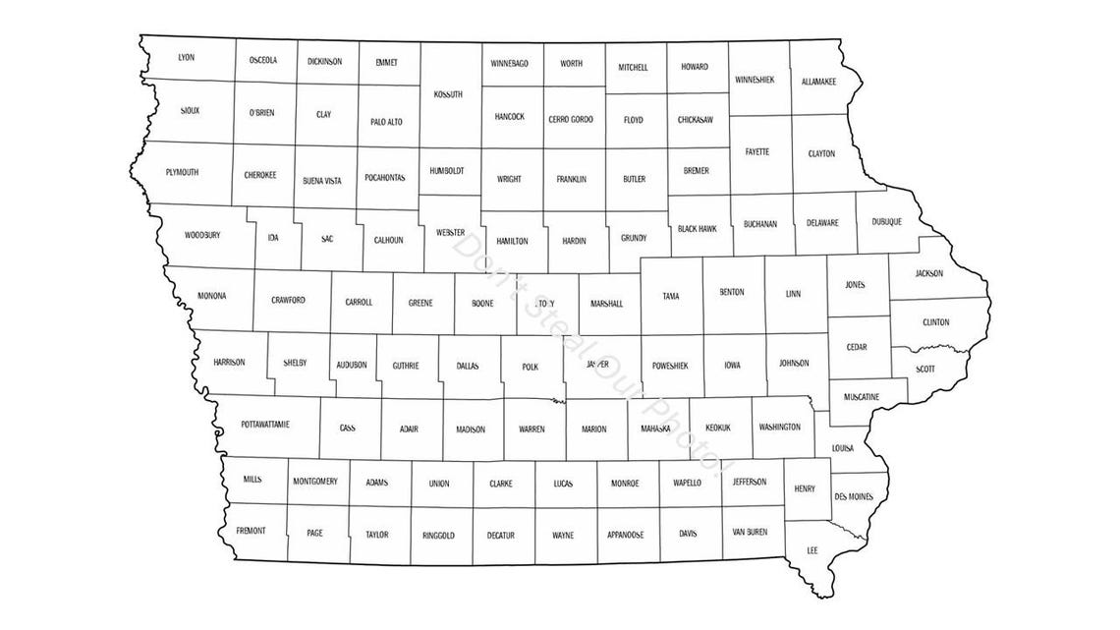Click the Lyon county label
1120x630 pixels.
click(186, 57)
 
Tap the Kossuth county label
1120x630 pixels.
click(447, 94)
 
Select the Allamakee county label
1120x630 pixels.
click(818, 82)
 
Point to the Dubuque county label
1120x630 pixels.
click(886, 222)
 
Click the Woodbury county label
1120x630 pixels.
click(202, 235)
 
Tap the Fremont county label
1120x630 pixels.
click(251, 531)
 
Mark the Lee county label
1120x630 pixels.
click(812, 550)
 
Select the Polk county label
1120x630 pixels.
click(531, 367)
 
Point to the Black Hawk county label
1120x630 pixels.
click(697, 228)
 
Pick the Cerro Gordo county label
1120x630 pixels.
click(571, 119)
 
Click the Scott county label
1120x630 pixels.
click(925, 369)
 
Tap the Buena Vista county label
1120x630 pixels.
click(322, 181)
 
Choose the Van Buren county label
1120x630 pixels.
click(751, 532)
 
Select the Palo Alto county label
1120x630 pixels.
click(386, 122)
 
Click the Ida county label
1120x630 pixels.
click(273, 237)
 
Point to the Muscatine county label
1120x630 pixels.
click(861, 396)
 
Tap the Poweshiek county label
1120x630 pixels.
click(670, 366)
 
